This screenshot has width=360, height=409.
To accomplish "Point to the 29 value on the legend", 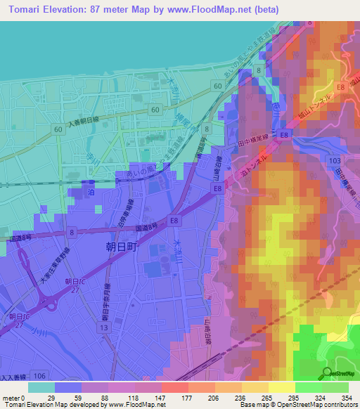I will pyautogui.click(x=51, y=398).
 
